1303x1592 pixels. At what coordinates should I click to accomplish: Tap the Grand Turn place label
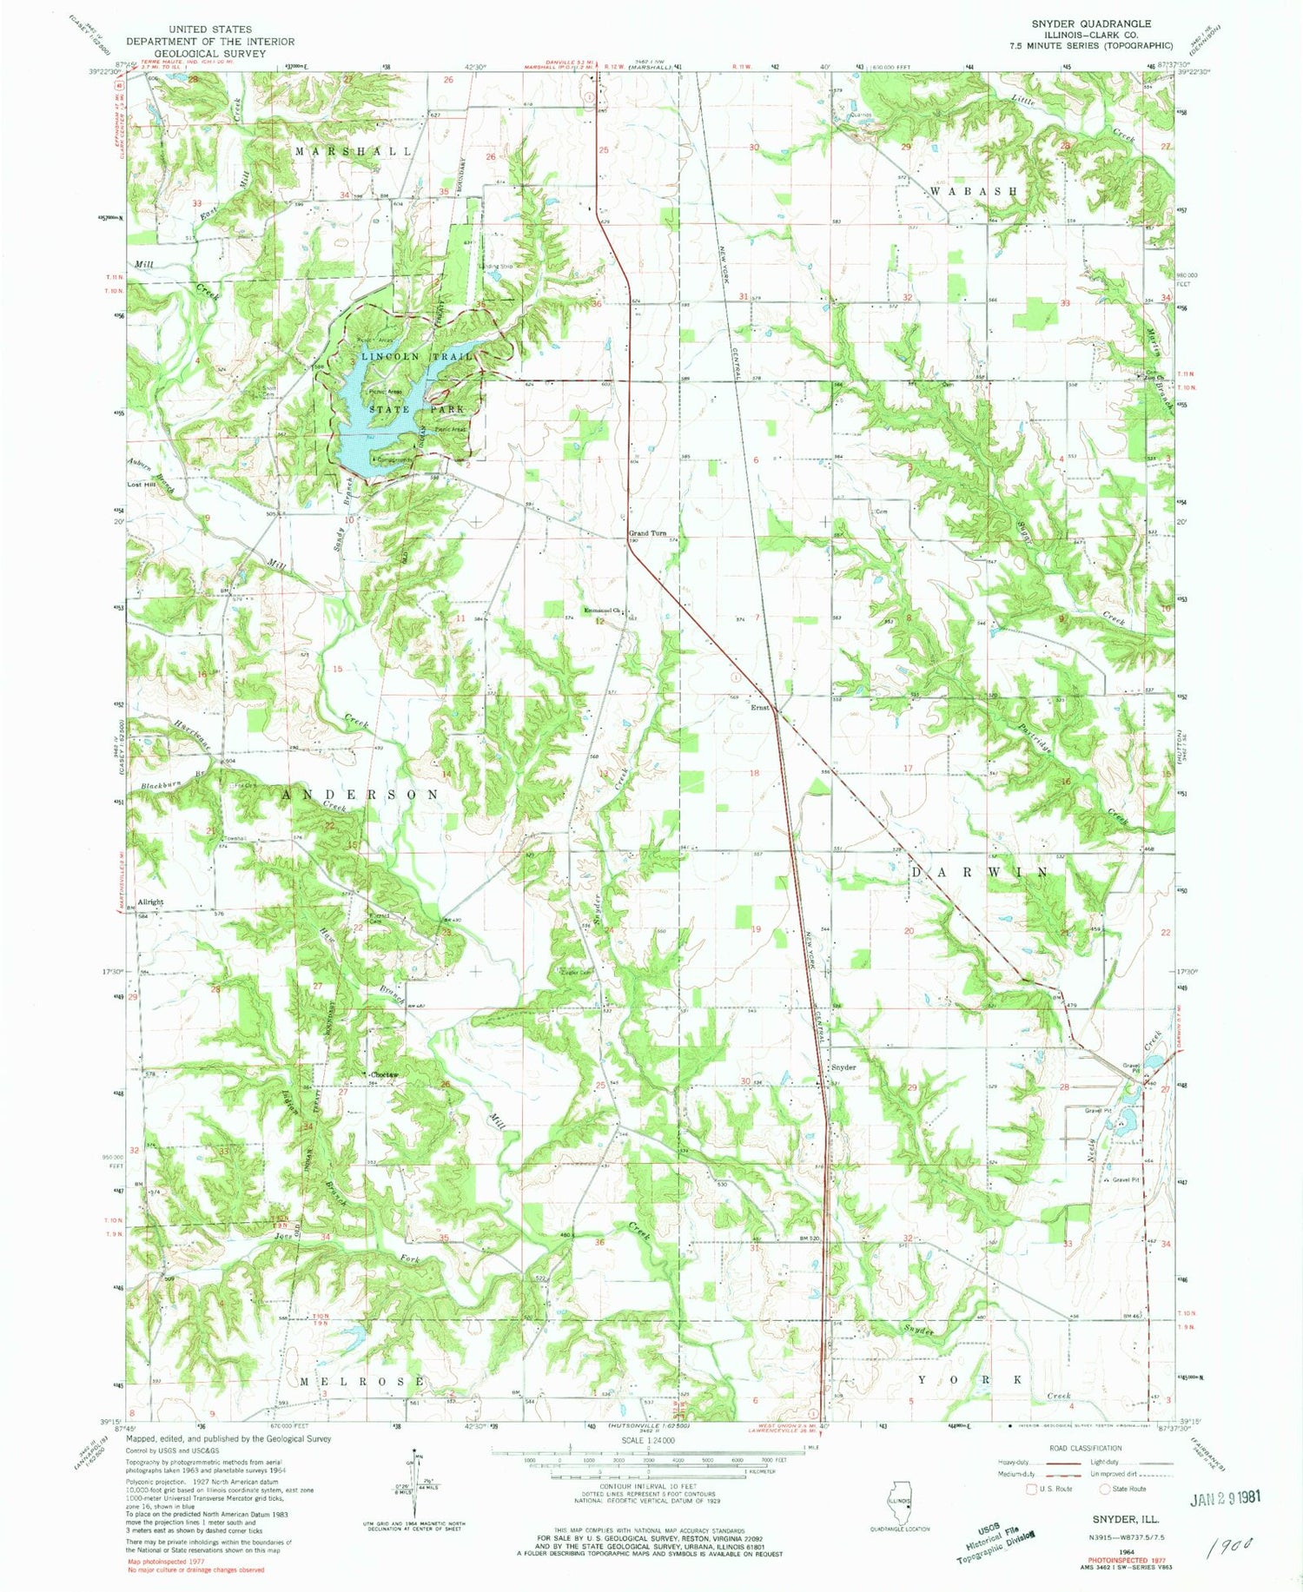647,533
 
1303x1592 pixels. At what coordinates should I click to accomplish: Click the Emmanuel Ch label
605,610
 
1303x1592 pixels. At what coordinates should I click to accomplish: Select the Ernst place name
760,707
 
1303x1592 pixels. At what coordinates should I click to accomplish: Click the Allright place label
150,902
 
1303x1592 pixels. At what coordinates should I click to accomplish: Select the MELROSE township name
362,1381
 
